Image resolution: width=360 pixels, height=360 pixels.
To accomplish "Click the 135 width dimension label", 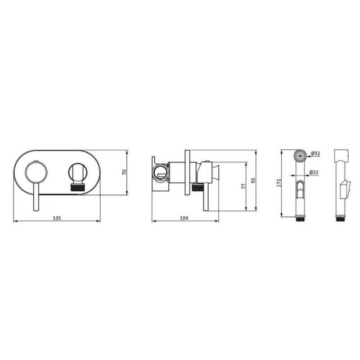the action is coord(57,218).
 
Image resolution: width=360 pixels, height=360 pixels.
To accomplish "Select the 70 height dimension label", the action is coord(124,172).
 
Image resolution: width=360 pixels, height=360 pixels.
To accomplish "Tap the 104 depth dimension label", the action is coord(184,218).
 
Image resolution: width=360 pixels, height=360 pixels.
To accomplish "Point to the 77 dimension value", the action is coord(243,186).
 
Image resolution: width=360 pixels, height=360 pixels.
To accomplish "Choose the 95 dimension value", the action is coord(253,180).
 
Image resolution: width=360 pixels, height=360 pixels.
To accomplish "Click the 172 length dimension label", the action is coord(279,183).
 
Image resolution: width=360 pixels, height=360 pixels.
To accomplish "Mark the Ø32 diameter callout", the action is coord(316,153).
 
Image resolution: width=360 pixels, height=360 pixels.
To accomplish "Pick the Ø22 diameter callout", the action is coord(314,172).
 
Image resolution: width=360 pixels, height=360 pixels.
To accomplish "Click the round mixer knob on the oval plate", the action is coord(36,172).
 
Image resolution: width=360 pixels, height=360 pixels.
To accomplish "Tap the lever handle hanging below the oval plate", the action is coord(36,197).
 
